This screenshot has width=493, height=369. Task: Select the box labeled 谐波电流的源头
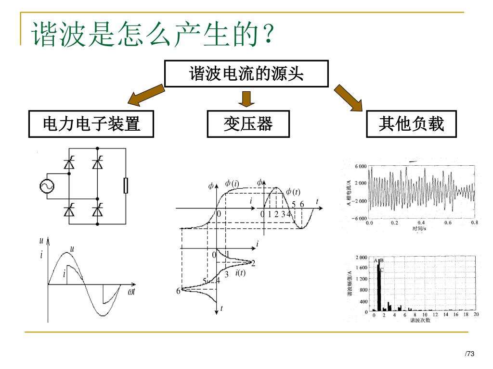tap(246, 74)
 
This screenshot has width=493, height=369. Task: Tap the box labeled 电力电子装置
tap(91, 124)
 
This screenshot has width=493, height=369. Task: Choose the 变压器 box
tap(248, 124)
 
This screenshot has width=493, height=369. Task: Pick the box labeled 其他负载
tap(411, 124)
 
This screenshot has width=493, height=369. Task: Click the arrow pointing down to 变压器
tap(247, 99)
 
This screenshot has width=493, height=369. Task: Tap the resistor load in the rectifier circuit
tap(126, 185)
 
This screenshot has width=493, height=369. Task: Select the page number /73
tap(469, 354)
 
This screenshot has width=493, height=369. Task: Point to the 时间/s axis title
tap(419, 228)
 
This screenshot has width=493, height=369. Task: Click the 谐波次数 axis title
tap(420, 320)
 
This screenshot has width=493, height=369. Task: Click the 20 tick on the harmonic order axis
tap(476, 314)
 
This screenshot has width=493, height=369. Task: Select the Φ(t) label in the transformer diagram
tap(293, 192)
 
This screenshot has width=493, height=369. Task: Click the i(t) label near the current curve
tap(240, 273)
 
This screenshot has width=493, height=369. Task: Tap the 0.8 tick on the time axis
tap(475, 223)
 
